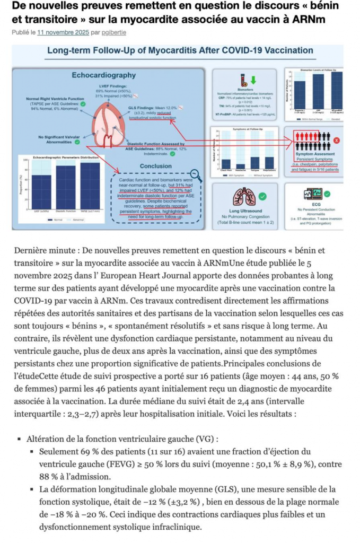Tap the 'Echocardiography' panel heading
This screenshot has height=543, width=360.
point(104,75)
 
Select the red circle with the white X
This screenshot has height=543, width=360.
point(336,140)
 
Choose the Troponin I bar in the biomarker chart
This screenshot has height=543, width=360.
point(300,97)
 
